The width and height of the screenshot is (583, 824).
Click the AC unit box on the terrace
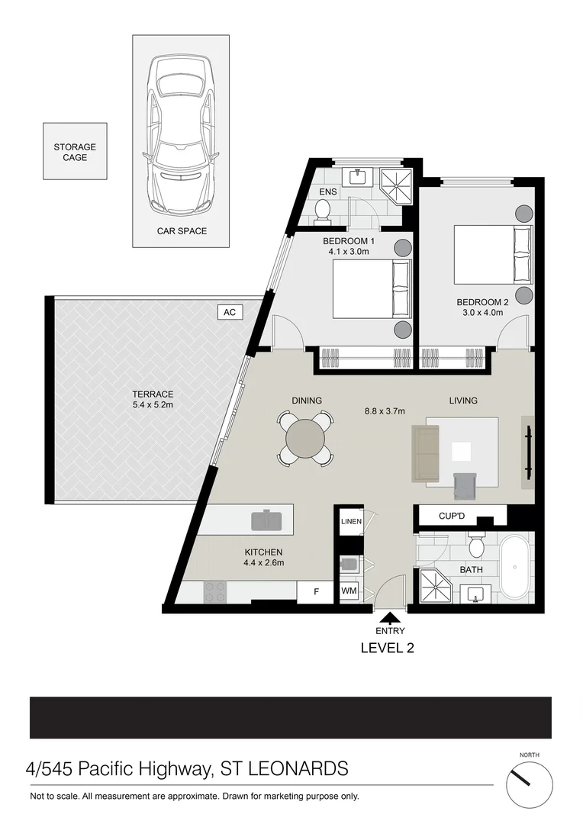[x=228, y=312]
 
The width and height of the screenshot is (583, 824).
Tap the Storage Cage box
[x=75, y=153]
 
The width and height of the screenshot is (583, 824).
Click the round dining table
[x=305, y=438]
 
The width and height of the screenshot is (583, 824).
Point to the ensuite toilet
[x=323, y=211]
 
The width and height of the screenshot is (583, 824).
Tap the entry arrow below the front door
[x=389, y=618]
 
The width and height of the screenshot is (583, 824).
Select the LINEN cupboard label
[x=351, y=522]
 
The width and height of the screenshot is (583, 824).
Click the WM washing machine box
[x=349, y=591]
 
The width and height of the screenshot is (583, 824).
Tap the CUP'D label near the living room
[x=452, y=517]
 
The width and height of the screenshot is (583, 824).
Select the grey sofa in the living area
[x=426, y=454]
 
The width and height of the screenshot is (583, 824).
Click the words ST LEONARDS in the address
[x=285, y=768]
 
